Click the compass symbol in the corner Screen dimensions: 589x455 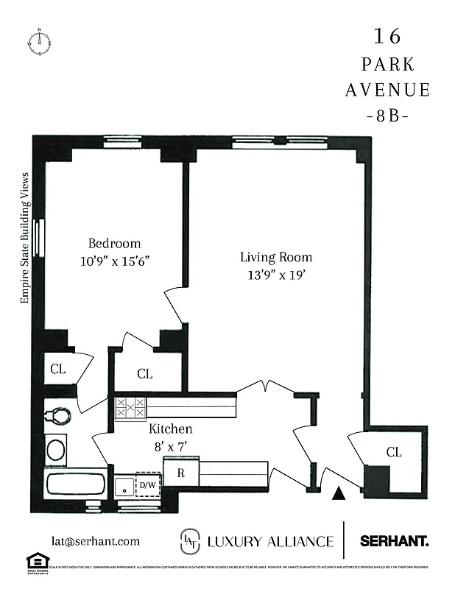39,41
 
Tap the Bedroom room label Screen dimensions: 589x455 114,244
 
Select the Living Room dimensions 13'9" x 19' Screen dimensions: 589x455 275,275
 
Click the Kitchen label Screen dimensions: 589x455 171,428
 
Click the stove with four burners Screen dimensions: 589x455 130,408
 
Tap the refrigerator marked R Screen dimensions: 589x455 180,473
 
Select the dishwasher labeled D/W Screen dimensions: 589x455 148,484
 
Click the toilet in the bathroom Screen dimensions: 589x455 57,417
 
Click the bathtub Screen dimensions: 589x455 74,484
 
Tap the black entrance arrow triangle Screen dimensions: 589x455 339,494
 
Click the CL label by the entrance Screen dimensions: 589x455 394,453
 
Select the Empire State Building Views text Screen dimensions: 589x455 24,239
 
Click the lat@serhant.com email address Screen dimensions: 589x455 95,541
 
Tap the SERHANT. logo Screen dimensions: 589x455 394,541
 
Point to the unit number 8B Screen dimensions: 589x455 387,116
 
